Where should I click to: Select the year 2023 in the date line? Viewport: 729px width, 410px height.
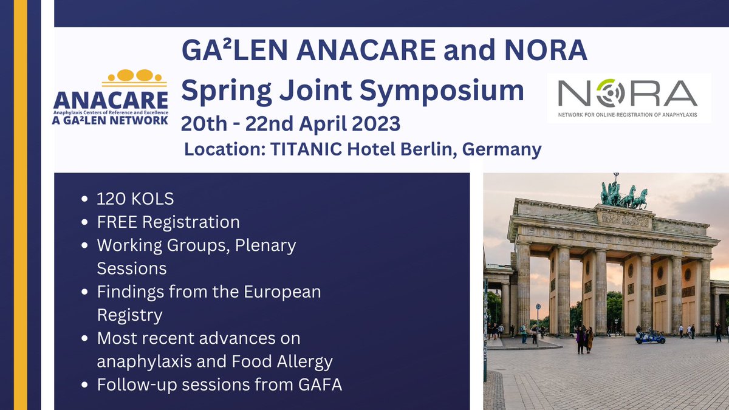pos(371,123)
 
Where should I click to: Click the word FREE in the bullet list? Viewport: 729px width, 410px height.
pos(117,222)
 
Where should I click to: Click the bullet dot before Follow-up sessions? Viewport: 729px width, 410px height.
pos(84,385)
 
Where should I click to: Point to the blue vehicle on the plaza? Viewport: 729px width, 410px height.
pos(649,336)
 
